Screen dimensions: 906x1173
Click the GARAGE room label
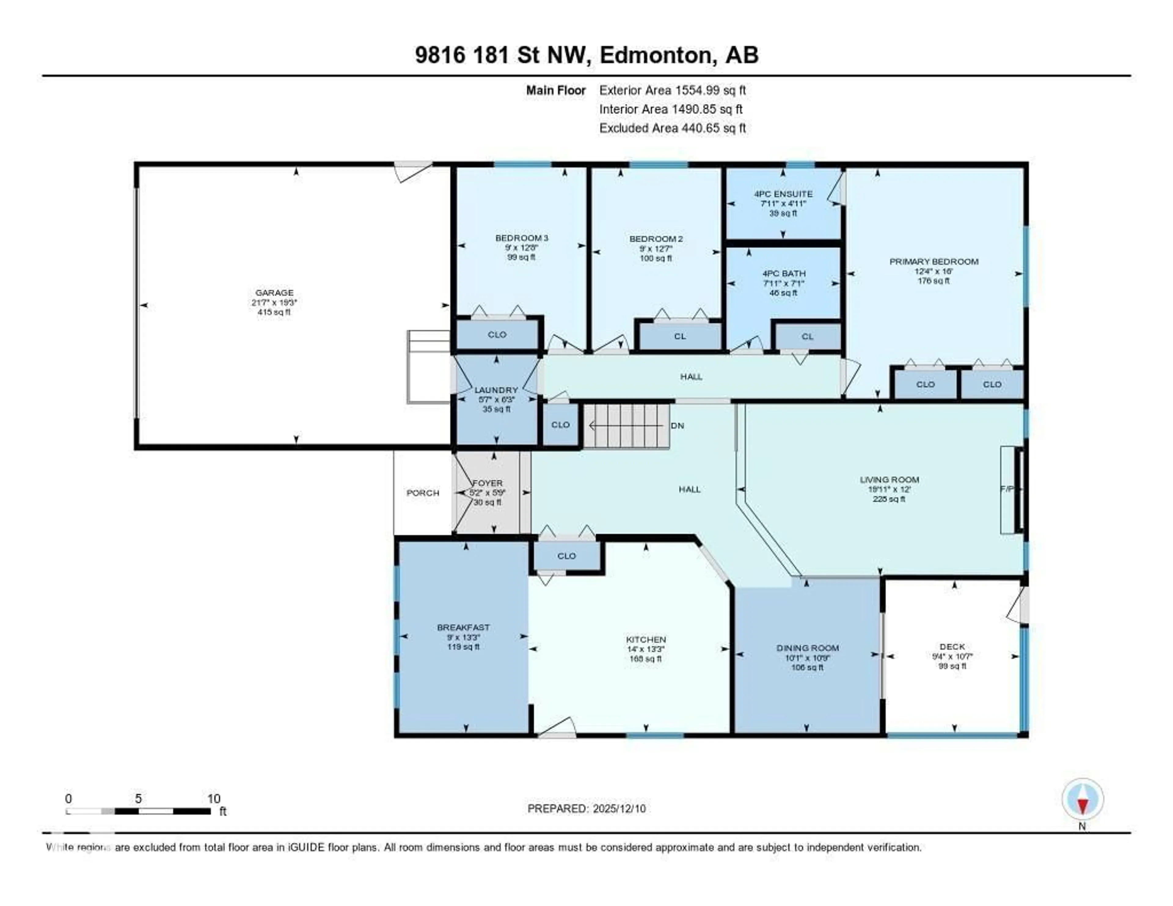tap(274, 293)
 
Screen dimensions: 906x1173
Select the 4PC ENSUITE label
tap(783, 194)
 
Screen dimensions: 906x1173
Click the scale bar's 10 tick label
tap(214, 798)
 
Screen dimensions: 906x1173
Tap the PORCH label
tap(423, 493)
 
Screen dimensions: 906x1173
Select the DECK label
tap(952, 647)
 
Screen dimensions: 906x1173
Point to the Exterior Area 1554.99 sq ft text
tap(672, 90)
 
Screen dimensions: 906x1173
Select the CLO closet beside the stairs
tap(560, 425)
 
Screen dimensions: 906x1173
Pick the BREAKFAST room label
tap(463, 627)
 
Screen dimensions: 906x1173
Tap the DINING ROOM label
tap(807, 648)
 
